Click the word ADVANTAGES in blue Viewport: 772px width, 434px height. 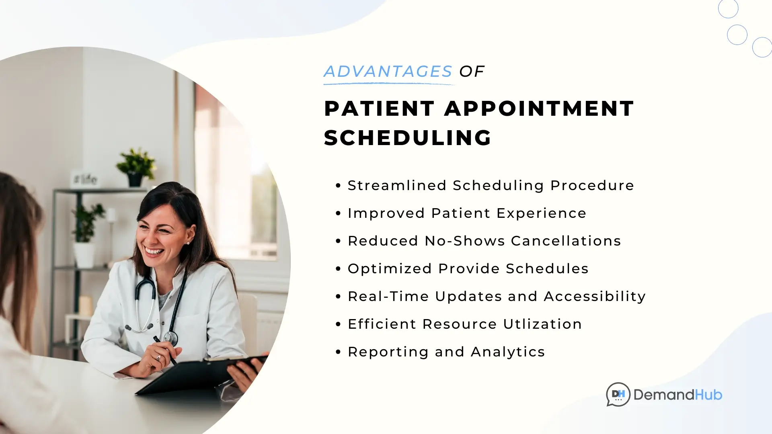[x=388, y=72]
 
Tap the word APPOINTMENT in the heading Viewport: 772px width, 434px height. [x=539, y=108]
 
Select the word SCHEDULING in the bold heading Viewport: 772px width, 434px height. [x=408, y=138]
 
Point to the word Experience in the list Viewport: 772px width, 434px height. [x=542, y=213]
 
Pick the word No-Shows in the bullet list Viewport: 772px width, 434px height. [x=465, y=241]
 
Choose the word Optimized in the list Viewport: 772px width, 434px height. [x=390, y=269]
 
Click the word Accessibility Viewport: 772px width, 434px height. [x=595, y=297]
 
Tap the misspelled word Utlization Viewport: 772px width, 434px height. [x=542, y=324]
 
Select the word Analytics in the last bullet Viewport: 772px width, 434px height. [x=508, y=352]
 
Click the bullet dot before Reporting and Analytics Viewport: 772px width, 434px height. [x=338, y=352]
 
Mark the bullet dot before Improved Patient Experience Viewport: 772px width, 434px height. [x=338, y=213]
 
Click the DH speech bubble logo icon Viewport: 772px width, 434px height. [x=618, y=395]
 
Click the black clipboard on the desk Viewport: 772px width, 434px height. [x=201, y=374]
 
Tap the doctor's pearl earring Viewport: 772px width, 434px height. [x=188, y=243]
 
